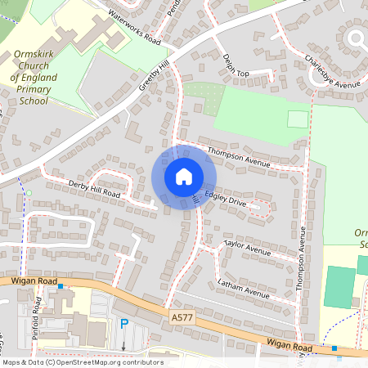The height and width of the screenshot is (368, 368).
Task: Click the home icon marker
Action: [184, 177]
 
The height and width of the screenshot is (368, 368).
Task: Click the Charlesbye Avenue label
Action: [331, 72]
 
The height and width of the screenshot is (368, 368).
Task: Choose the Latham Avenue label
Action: [243, 288]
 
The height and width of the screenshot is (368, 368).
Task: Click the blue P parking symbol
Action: [124, 324]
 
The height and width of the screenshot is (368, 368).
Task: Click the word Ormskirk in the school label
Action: [34, 56]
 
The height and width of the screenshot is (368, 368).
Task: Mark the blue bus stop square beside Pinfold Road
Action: [60, 309]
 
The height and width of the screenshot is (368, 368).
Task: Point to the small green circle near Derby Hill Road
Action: [29, 193]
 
